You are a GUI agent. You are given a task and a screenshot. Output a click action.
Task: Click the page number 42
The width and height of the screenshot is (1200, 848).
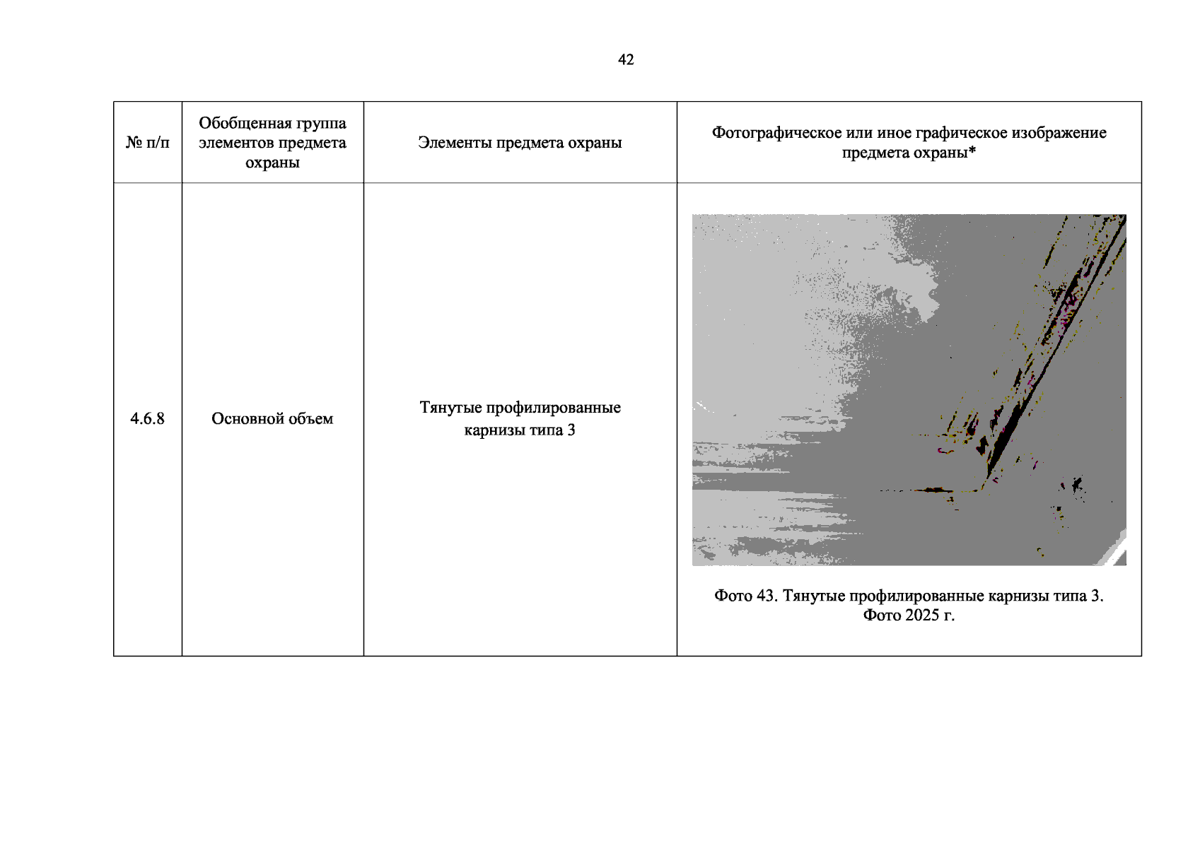click(x=626, y=59)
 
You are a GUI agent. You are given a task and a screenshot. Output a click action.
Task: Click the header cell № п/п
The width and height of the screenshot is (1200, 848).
click(x=147, y=143)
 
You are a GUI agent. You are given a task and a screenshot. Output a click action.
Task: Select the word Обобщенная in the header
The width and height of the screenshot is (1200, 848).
click(x=241, y=123)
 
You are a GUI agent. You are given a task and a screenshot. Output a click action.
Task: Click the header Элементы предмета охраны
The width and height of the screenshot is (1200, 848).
click(x=520, y=143)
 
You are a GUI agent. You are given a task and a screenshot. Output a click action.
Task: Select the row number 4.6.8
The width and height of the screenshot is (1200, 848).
click(x=147, y=418)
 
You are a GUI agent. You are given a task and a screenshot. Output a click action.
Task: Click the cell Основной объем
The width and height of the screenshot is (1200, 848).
click(x=272, y=418)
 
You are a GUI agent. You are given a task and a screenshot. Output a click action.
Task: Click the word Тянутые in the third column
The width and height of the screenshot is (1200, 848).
click(x=450, y=408)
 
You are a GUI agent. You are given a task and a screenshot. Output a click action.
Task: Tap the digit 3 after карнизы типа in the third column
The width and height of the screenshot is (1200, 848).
click(x=571, y=430)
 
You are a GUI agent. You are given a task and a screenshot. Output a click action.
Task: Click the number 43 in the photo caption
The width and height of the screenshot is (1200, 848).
click(x=767, y=596)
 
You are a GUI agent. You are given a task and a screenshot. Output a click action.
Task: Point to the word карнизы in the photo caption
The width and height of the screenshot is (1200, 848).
click(x=1020, y=596)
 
